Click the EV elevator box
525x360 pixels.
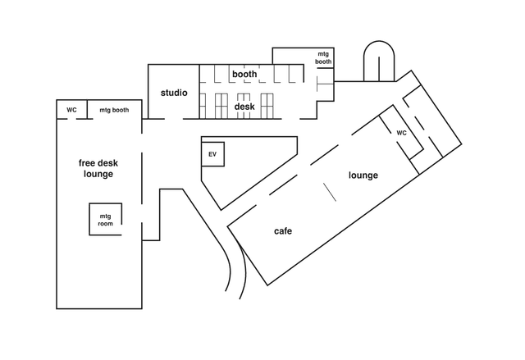click(x=213, y=153)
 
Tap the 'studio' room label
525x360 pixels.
click(x=174, y=93)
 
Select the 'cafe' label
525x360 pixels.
click(x=282, y=231)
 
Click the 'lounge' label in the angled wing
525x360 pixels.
click(x=363, y=175)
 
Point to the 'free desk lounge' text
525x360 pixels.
click(x=98, y=168)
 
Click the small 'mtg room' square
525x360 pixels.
click(x=105, y=218)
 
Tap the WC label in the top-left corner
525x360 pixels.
click(x=71, y=110)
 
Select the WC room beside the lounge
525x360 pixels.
click(x=402, y=133)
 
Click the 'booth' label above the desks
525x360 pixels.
click(x=244, y=75)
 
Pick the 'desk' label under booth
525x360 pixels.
click(x=244, y=107)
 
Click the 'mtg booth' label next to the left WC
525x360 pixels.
click(x=114, y=110)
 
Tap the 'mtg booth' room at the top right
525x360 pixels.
click(x=325, y=57)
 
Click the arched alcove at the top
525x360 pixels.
click(x=378, y=62)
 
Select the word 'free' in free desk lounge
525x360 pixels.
click(x=89, y=162)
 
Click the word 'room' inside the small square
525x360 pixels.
click(x=105, y=223)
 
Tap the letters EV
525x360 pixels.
click(x=212, y=153)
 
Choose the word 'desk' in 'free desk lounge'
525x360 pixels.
click(x=114, y=162)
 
